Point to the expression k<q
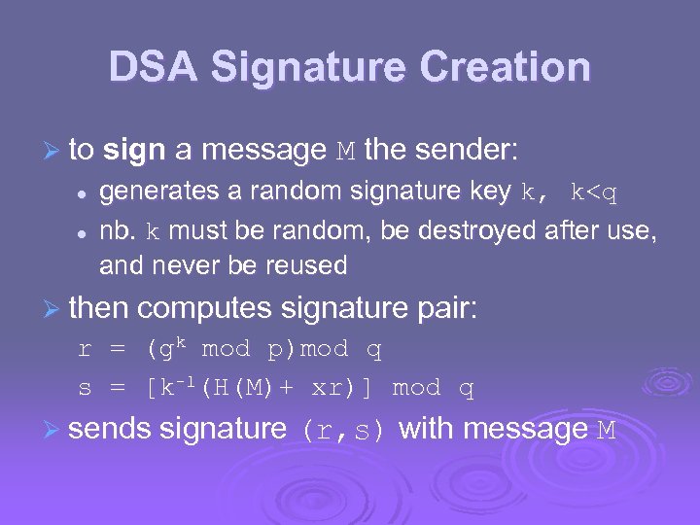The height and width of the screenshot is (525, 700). click(593, 193)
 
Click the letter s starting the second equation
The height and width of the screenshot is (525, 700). click(85, 389)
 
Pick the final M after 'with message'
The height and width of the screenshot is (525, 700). click(605, 430)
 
